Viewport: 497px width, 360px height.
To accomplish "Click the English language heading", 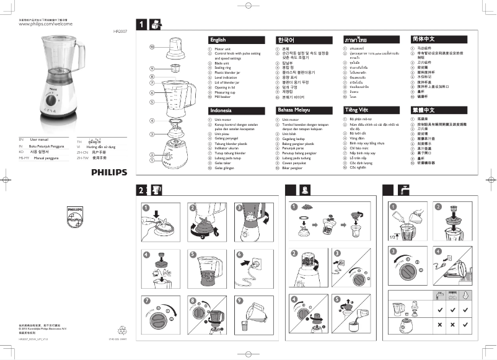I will coord(218,40).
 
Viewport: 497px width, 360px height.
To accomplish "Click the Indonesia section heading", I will coord(221,110).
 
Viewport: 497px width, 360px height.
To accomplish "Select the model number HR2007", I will coord(120,30).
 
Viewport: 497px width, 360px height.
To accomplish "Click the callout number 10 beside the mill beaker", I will coord(151,46).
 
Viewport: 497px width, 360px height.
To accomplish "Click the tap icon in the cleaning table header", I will coord(439,296).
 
